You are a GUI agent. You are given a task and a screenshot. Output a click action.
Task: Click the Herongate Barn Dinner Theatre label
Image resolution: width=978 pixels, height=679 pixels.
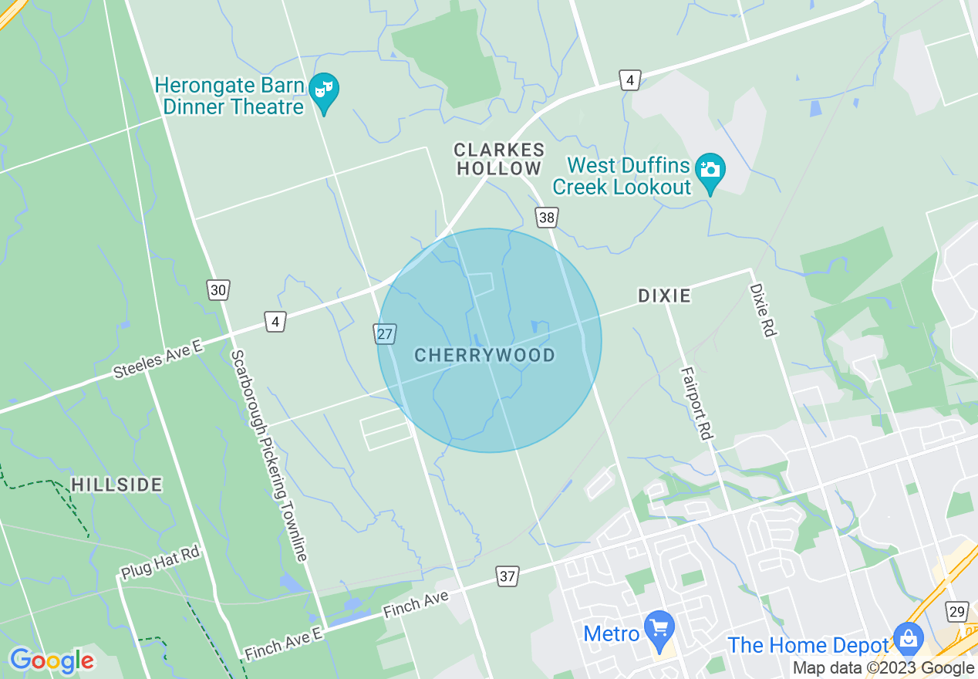(230, 96)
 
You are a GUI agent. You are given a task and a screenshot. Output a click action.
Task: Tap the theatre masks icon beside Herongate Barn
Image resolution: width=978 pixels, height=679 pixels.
(324, 90)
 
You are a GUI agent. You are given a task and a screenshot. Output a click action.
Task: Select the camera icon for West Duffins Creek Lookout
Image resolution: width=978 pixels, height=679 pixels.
(710, 169)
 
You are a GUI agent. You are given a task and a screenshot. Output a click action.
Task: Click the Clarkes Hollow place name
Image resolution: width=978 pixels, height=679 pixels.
(499, 159)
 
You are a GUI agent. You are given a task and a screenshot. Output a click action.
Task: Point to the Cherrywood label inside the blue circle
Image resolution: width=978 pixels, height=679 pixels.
(484, 355)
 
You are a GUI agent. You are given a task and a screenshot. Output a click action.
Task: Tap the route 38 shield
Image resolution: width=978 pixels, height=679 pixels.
(547, 218)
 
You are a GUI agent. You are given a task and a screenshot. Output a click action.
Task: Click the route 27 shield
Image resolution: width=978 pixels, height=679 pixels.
(386, 333)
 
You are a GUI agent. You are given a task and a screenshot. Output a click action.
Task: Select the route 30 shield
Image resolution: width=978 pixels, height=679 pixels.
(218, 289)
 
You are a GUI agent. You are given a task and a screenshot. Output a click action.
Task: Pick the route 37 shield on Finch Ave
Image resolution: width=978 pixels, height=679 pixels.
(507, 576)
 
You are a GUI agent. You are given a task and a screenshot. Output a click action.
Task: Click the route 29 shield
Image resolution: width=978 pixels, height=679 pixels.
(956, 611)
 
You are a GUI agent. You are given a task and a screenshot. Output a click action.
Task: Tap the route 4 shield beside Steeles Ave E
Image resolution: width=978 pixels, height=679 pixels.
(275, 321)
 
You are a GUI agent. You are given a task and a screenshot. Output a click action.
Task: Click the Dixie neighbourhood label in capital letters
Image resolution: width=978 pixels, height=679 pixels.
(664, 296)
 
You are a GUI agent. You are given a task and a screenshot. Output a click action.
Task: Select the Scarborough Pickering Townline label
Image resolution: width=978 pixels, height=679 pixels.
(270, 455)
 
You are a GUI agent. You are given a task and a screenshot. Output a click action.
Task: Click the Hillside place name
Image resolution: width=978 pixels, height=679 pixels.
(117, 485)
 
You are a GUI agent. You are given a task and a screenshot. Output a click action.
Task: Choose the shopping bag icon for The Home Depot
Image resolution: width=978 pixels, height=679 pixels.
(909, 638)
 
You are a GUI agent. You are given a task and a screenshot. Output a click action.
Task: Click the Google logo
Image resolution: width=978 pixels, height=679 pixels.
(51, 660)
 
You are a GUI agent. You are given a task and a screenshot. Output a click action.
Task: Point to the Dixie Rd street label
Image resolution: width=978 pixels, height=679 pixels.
(761, 309)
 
